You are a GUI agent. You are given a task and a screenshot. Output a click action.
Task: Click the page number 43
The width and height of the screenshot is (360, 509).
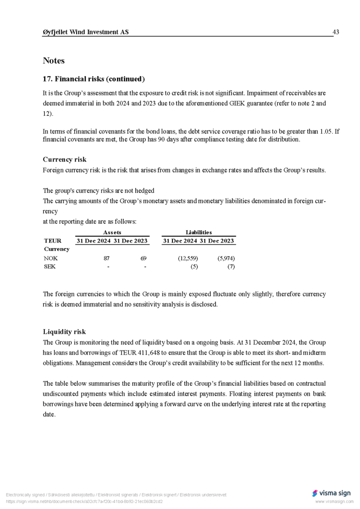336,32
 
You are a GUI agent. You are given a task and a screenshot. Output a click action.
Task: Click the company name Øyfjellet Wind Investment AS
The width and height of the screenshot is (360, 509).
86,32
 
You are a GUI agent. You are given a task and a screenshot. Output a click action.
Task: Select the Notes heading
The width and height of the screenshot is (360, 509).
54,61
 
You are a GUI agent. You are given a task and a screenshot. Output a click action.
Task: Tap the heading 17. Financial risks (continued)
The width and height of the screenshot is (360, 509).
93,79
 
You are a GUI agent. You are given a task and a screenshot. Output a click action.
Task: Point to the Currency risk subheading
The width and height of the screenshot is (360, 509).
65,160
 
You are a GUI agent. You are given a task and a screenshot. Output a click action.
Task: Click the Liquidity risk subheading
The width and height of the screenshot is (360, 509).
64,332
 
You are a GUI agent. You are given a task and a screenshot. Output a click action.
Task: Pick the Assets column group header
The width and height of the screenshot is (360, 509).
112,232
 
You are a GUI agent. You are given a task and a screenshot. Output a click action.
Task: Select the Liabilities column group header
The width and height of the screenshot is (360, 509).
198,232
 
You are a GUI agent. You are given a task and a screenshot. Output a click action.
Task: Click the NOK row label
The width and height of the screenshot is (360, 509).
51,258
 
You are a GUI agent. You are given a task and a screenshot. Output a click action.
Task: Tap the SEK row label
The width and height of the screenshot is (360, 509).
50,266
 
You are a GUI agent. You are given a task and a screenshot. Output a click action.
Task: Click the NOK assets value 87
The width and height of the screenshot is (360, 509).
106,258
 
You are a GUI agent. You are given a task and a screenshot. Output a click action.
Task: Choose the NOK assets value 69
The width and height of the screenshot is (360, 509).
143,258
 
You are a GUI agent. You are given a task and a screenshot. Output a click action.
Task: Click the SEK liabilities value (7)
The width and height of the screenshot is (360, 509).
231,266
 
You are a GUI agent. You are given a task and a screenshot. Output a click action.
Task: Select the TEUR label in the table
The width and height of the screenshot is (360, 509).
53,241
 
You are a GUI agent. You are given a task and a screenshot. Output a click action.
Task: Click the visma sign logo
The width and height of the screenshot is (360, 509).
331,493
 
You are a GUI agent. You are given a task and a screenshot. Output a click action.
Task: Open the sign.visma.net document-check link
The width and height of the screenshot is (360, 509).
84,502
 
